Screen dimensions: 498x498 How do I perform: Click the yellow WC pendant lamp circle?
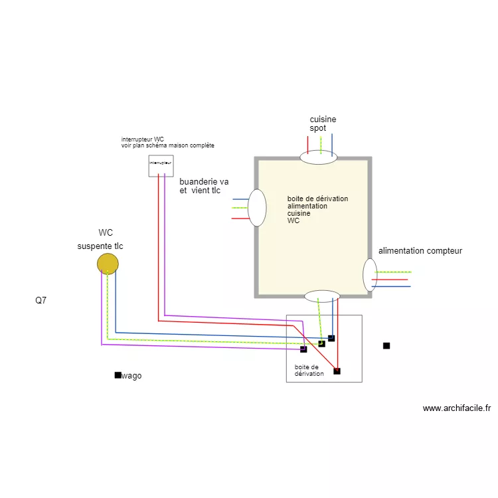(108, 264)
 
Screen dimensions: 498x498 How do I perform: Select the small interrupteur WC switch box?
(161, 165)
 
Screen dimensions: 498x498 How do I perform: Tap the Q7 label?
(41, 300)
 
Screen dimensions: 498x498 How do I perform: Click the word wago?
(131, 376)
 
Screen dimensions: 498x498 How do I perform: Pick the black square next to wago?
(118, 375)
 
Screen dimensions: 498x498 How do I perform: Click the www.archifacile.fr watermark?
(456, 408)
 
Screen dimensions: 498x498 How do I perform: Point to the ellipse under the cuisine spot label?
(319, 157)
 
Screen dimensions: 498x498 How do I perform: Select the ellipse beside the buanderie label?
(257, 207)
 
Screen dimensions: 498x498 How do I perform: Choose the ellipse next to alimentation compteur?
(370, 275)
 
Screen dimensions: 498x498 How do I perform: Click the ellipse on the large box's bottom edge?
(322, 296)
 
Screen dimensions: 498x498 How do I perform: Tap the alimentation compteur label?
(420, 251)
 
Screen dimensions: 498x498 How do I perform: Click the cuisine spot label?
(323, 124)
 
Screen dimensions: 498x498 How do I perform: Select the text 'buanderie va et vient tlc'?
(203, 186)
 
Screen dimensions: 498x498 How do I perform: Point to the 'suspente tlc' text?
(100, 246)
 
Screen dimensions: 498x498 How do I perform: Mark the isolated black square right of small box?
(386, 345)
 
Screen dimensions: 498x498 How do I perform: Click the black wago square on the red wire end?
(337, 371)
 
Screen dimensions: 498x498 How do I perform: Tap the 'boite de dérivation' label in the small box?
(309, 370)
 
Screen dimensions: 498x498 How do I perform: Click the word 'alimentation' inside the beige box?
(307, 206)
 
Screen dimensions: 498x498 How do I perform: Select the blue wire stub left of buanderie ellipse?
(239, 199)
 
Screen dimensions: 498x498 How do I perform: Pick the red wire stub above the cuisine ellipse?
(307, 145)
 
